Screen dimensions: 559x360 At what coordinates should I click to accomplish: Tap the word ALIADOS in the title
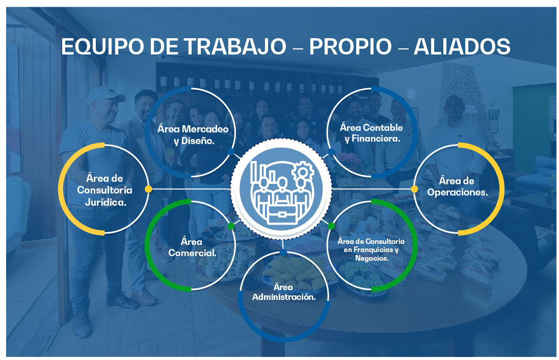[462, 47]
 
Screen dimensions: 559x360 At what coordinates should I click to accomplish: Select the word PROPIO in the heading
[351, 47]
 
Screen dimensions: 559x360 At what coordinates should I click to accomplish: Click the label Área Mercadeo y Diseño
[193, 134]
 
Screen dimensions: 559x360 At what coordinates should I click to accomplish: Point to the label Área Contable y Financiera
[371, 133]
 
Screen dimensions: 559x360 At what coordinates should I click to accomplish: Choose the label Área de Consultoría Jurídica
[105, 190]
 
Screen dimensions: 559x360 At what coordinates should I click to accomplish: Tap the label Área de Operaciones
[458, 186]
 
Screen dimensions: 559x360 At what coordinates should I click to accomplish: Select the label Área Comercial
[192, 247]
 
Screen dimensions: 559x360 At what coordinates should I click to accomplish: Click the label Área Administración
[284, 292]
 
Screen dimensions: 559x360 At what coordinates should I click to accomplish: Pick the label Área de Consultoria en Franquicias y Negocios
[371, 250]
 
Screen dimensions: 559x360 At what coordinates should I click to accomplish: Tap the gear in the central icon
[303, 172]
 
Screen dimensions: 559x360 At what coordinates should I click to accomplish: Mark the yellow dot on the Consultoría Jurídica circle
[149, 189]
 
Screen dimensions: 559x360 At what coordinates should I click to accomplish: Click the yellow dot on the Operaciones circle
[414, 189]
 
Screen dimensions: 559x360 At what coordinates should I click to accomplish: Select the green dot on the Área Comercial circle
[231, 226]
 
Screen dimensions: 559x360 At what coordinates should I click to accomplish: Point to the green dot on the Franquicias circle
[331, 226]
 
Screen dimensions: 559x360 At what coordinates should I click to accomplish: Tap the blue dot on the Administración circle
[283, 253]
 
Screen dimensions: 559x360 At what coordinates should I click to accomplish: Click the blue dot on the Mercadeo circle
[231, 152]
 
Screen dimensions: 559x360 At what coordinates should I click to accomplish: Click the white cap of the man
[105, 94]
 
